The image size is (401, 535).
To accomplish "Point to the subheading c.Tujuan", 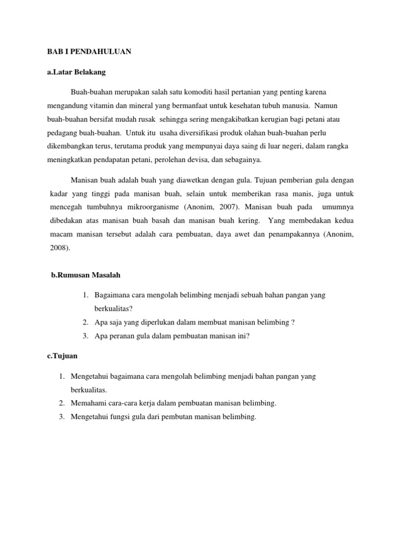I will pyautogui.click(x=62, y=356).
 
